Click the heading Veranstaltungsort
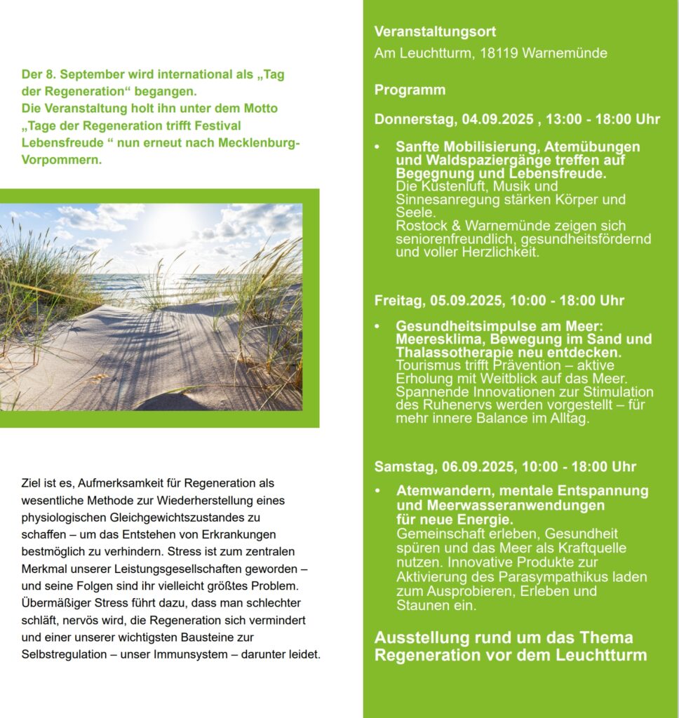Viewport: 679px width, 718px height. tap(435, 32)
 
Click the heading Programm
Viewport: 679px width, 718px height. tap(410, 90)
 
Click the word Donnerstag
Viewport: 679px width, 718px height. tap(415, 119)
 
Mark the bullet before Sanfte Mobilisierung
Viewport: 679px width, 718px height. tap(377, 147)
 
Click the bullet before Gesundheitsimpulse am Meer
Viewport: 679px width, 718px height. tap(377, 327)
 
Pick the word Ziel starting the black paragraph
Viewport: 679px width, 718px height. tap(32, 483)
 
